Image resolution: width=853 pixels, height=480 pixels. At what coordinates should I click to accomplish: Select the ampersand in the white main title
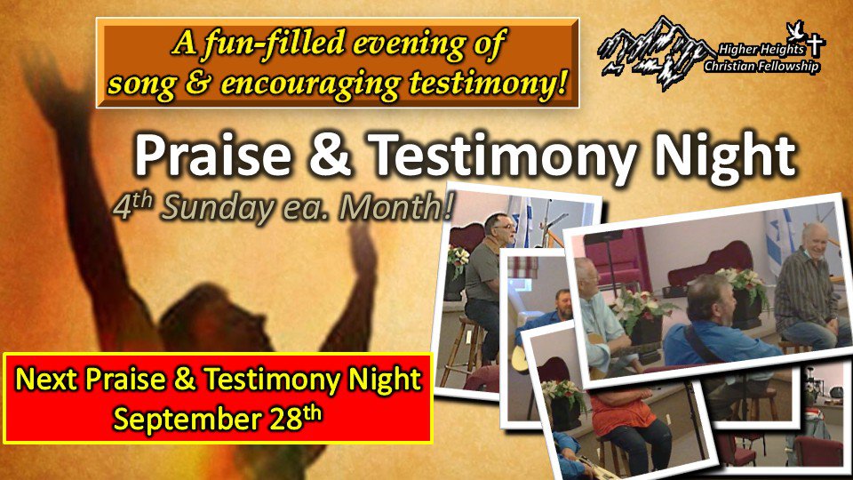coord(329,155)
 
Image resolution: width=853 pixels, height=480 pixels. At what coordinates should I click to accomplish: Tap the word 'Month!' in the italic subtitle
coord(395,207)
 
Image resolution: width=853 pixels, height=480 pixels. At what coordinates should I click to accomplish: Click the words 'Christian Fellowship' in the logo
coord(761,67)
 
